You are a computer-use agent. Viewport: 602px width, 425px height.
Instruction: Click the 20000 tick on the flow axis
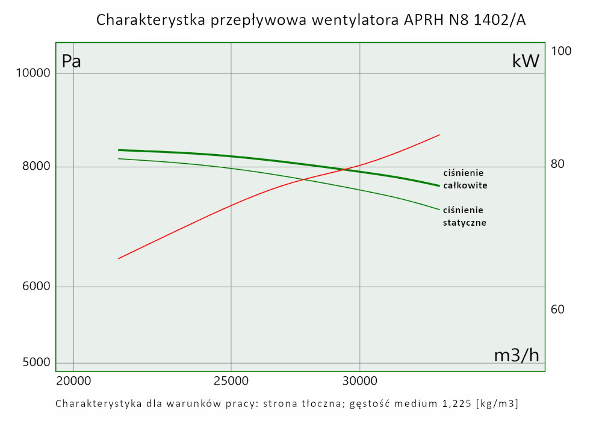click(x=73, y=381)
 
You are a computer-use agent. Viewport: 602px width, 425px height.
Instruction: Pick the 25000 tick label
click(x=231, y=381)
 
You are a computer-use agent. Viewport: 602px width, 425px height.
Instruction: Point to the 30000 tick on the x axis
click(x=359, y=381)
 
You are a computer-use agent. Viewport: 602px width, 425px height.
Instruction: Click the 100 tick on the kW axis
click(x=561, y=51)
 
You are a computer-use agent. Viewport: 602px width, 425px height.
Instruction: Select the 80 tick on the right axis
click(x=558, y=164)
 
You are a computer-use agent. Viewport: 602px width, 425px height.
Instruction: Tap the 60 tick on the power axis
click(x=558, y=309)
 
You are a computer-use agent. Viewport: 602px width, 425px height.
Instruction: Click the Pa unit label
click(x=72, y=61)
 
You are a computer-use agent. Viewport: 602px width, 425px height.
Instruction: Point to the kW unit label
click(x=526, y=61)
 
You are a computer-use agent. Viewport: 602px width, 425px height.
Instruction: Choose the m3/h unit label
click(x=517, y=355)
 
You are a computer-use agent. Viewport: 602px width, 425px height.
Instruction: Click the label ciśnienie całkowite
click(x=465, y=179)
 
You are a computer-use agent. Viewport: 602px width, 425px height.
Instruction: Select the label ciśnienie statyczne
click(x=464, y=216)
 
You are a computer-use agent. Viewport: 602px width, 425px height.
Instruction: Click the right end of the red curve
click(x=440, y=135)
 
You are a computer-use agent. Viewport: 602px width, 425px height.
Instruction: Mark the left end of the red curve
click(x=119, y=258)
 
